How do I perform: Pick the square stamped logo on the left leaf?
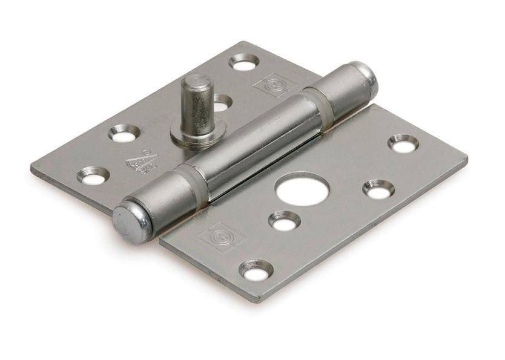271,87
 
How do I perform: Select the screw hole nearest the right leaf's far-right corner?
401,143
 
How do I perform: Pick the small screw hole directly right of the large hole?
378,188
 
